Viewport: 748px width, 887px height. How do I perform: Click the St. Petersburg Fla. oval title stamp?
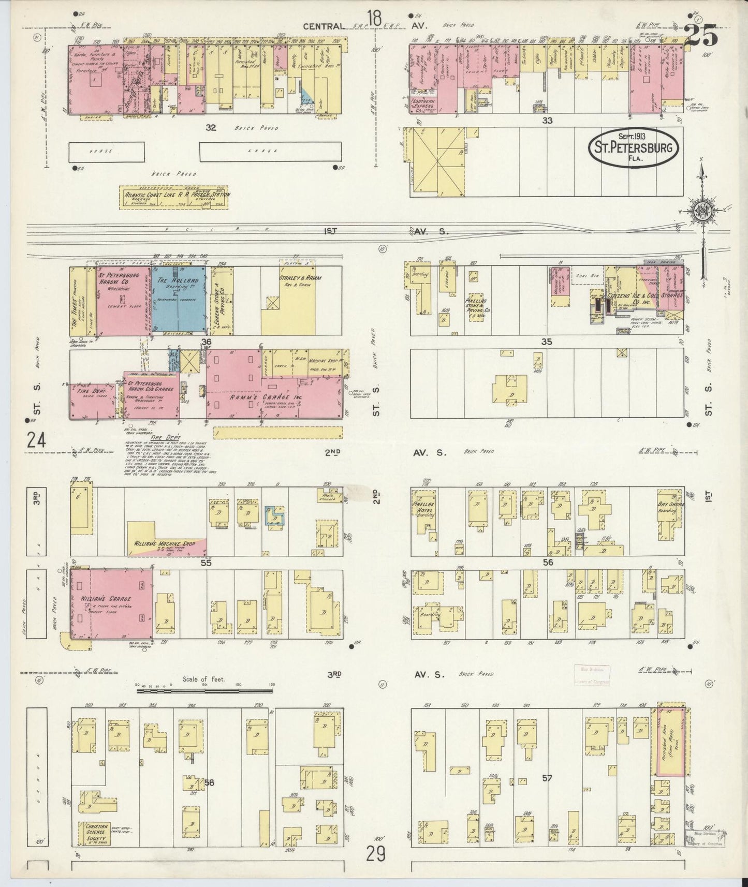[x=632, y=148]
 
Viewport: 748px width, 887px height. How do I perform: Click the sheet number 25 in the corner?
[x=701, y=36]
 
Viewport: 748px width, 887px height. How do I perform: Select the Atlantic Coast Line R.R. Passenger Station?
[x=174, y=197]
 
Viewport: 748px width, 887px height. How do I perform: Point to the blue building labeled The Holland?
[x=179, y=299]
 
